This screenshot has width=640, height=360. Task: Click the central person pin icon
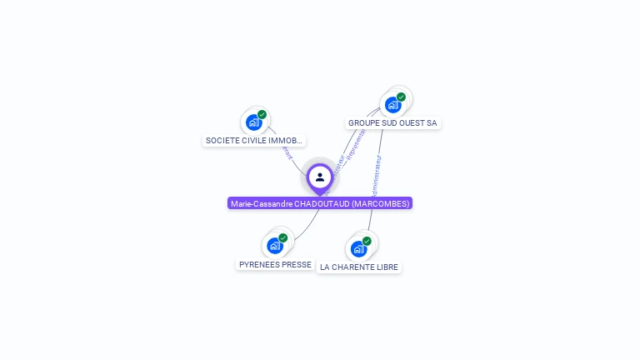[320, 177]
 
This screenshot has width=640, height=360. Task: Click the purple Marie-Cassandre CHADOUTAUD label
[320, 203]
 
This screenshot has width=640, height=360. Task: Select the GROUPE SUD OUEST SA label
[392, 122]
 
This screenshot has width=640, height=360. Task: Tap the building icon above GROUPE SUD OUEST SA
[392, 105]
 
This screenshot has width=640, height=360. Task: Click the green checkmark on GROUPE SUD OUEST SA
[401, 97]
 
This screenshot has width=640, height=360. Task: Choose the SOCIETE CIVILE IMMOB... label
[254, 141]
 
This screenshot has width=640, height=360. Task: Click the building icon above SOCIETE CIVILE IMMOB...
[254, 122]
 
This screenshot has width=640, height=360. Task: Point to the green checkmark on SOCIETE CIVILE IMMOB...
[262, 115]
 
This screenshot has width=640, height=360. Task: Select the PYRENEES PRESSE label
[275, 264]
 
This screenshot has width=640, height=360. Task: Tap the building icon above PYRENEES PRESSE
[274, 246]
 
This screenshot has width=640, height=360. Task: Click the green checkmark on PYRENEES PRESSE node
[282, 238]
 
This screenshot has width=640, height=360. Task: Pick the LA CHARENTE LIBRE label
[359, 267]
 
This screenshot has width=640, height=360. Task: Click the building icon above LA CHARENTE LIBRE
[358, 248]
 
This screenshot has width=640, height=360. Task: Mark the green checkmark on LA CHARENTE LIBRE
[367, 241]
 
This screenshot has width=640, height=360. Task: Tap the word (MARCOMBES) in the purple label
[380, 203]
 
